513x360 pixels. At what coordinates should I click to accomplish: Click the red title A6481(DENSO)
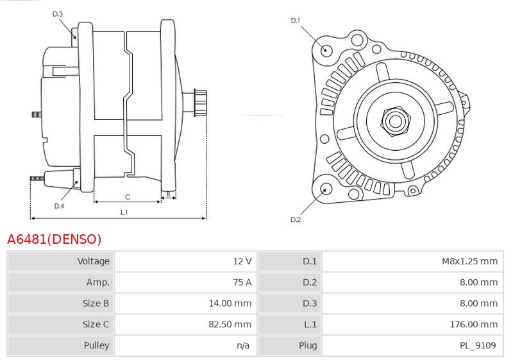pos(55,239)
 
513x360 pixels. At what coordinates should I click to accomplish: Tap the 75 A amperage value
pos(242,282)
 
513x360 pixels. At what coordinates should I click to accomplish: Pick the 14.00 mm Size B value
pos(230,303)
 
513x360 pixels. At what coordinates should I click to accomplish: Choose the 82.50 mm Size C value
pos(230,324)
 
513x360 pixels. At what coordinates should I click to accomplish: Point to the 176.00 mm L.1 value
pos(473,324)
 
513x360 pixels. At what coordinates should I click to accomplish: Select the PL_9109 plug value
pos(478,345)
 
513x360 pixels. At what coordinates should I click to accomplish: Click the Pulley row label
pos(97,345)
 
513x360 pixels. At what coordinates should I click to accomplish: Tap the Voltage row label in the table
pos(93,261)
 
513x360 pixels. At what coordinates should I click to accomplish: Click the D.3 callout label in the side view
pos(57,13)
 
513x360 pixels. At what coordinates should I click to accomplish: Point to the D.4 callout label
pos(59,206)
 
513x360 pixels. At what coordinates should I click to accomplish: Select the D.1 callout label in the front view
pos(296,21)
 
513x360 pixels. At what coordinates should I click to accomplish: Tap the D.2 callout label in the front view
pos(296,219)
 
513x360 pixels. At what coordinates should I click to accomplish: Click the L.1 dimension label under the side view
pos(124,212)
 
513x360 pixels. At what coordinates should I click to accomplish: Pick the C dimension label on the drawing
pos(128,197)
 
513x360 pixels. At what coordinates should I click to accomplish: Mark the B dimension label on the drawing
pos(169,194)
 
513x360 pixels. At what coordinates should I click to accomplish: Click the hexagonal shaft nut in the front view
pos(396,121)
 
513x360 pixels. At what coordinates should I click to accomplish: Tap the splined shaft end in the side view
pos(200,103)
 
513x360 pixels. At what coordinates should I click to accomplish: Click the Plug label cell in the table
pos(308,345)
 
